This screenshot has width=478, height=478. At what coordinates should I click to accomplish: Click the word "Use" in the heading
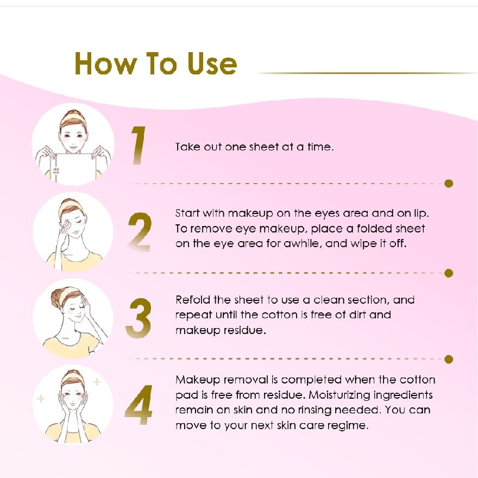pyautogui.click(x=212, y=64)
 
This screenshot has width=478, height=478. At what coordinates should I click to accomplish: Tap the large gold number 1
pyautogui.click(x=139, y=146)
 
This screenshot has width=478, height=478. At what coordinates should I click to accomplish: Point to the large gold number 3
pyautogui.click(x=139, y=318)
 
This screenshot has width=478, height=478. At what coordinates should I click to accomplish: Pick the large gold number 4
pyautogui.click(x=139, y=405)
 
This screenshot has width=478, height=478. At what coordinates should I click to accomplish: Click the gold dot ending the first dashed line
pyautogui.click(x=449, y=184)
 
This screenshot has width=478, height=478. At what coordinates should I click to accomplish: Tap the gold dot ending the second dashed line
pyautogui.click(x=449, y=273)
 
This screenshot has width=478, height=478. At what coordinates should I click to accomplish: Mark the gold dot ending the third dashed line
pyautogui.click(x=449, y=360)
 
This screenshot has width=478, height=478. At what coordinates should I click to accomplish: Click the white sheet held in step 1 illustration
pyautogui.click(x=74, y=168)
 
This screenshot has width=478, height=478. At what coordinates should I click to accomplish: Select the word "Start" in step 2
pyautogui.click(x=187, y=213)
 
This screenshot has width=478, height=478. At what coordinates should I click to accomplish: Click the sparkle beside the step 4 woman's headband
pyautogui.click(x=97, y=382)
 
